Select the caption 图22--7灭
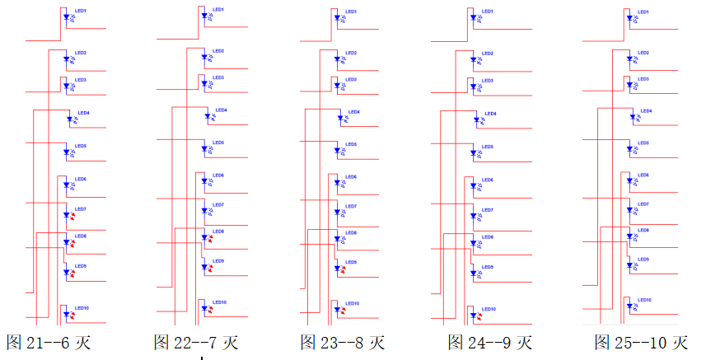click(x=195, y=342)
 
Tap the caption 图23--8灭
click(x=342, y=342)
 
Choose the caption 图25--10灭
click(x=640, y=342)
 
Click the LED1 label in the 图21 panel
click(x=80, y=11)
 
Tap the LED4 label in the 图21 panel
click(x=83, y=111)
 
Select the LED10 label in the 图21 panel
click(x=82, y=308)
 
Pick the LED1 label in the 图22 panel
click(x=217, y=9)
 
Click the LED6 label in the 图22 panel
click(x=218, y=175)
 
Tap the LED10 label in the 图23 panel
click(x=352, y=303)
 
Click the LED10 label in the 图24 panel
click(x=489, y=309)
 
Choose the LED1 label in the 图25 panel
click(x=644, y=12)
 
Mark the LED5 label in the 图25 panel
click(x=643, y=143)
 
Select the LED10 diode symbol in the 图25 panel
click(x=629, y=306)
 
